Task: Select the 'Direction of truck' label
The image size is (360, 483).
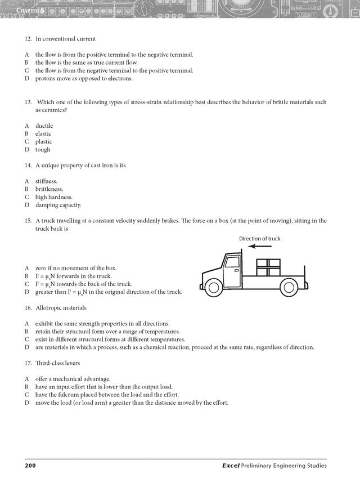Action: click(259, 239)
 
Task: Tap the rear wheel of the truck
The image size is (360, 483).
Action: click(289, 288)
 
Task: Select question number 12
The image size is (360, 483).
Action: click(28, 39)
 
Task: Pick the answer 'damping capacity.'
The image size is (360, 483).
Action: click(58, 205)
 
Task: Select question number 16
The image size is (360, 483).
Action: click(28, 308)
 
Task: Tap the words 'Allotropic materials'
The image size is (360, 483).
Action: click(61, 308)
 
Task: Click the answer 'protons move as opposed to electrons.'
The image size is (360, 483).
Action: click(84, 78)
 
